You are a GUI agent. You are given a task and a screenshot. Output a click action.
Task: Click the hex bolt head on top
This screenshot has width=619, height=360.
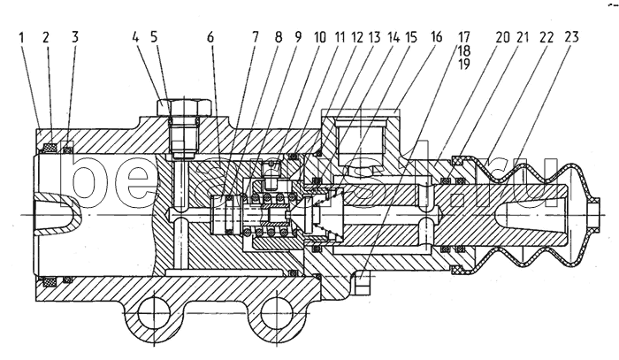186,110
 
